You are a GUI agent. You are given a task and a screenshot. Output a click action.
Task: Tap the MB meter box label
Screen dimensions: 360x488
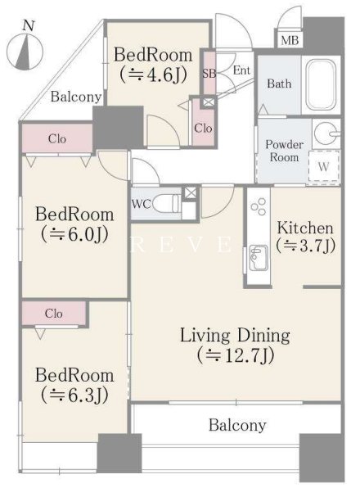(x=290, y=40)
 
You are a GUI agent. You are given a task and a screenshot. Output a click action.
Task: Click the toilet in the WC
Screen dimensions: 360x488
(x=166, y=204)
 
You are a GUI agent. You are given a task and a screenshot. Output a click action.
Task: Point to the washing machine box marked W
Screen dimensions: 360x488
(x=323, y=166)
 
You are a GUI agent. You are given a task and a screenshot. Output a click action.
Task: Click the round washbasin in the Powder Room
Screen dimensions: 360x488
(x=326, y=133)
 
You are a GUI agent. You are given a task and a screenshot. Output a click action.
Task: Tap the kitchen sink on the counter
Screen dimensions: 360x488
(x=259, y=258)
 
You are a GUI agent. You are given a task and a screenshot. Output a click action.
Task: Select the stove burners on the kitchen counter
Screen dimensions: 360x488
(x=259, y=206)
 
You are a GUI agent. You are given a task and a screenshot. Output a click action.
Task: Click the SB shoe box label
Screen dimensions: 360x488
(x=209, y=74)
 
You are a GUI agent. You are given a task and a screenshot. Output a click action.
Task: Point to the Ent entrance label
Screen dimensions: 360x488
(x=241, y=70)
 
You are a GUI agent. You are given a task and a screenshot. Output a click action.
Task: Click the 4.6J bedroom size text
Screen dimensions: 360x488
(x=153, y=75)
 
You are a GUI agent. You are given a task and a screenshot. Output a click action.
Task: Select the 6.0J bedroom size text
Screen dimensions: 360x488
(x=74, y=234)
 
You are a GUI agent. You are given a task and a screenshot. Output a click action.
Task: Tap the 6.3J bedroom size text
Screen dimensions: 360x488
(x=74, y=395)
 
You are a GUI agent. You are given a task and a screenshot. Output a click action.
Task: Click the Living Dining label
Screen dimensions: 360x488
(x=235, y=336)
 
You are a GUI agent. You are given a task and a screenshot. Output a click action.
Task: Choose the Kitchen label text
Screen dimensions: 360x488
(x=305, y=228)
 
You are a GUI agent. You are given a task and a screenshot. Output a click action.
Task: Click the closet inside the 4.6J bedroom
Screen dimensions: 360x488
(x=203, y=127)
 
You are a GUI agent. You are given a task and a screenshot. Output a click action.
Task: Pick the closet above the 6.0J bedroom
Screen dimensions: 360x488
(x=57, y=138)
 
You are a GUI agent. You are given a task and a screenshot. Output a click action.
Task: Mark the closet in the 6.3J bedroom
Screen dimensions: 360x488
(x=53, y=313)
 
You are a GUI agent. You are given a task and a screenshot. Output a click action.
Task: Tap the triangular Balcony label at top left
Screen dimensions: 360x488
(x=76, y=97)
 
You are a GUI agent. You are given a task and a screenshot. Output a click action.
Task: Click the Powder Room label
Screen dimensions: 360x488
(x=284, y=151)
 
